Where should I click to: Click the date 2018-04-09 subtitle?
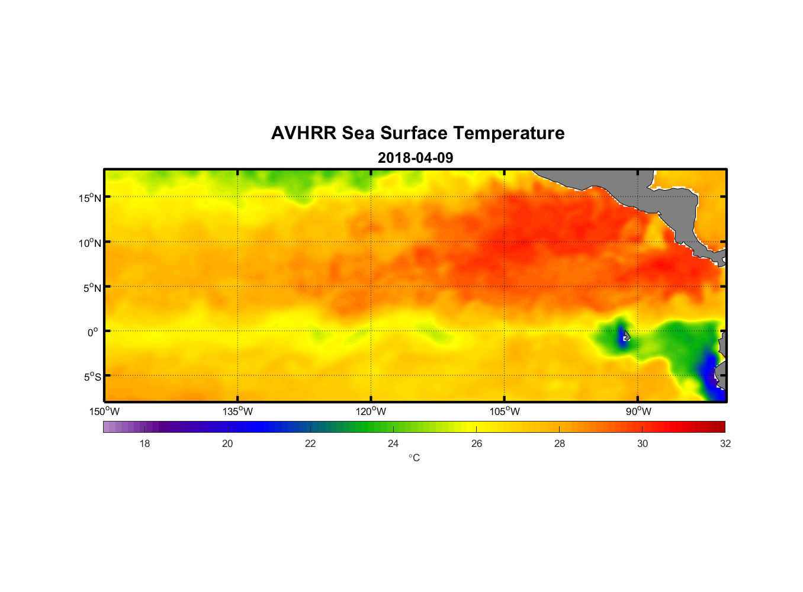click(415, 158)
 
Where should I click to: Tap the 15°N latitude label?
click(90, 198)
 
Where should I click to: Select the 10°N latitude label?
click(90, 243)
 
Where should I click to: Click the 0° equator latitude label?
click(93, 332)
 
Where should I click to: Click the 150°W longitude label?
click(104, 411)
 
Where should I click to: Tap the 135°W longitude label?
click(237, 411)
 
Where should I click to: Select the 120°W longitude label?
click(371, 411)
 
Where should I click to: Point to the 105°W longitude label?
click(505, 411)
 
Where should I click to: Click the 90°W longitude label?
click(638, 411)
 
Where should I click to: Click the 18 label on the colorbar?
click(144, 443)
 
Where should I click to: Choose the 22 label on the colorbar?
click(310, 443)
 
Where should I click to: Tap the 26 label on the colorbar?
click(477, 443)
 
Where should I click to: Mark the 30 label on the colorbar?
click(643, 443)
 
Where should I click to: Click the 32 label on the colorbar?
click(725, 443)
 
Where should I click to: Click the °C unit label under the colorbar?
click(414, 458)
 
